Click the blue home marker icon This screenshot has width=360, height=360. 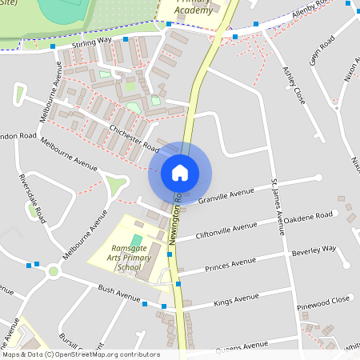click(x=179, y=173)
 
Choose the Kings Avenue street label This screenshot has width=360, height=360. click(x=237, y=301)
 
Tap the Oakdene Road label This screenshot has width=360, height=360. click(x=308, y=217)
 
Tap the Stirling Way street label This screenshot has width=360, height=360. click(x=91, y=41)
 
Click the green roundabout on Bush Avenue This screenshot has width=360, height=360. click(x=54, y=270)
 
